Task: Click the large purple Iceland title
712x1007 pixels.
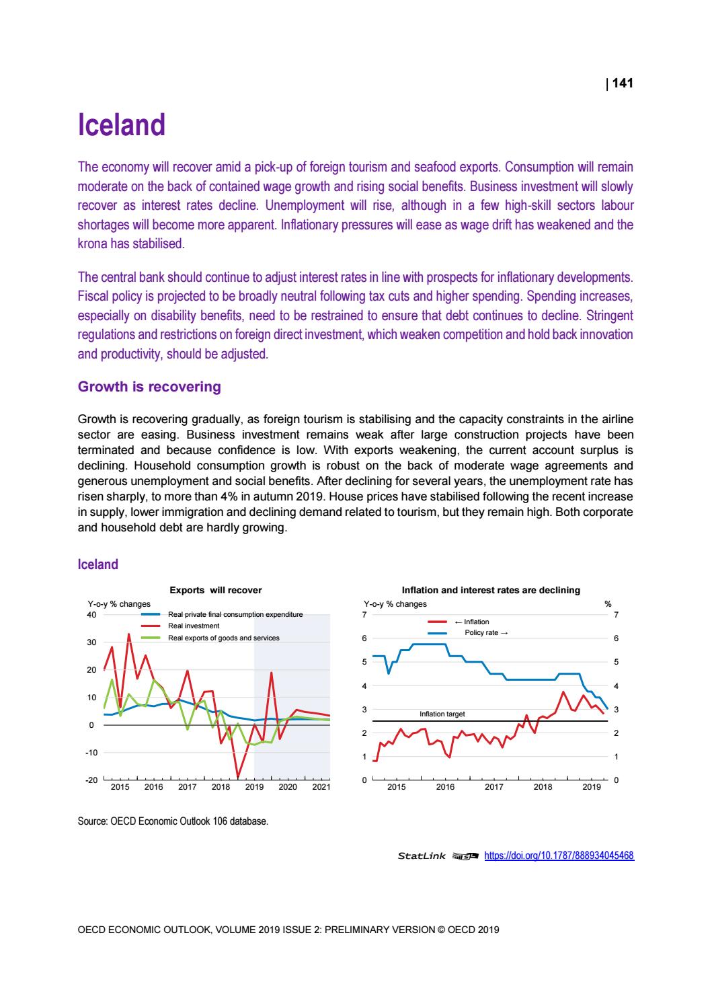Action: (122, 126)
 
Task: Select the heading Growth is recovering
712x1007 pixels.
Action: (149, 387)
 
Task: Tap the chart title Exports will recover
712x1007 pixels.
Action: (215, 590)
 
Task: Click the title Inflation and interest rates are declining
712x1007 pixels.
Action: (490, 590)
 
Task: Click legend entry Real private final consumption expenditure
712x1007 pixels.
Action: (235, 615)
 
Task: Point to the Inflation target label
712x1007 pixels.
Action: (442, 714)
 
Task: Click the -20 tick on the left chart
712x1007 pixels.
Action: (91, 780)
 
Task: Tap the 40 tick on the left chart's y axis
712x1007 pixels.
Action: (91, 614)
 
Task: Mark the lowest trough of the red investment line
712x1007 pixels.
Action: (237, 776)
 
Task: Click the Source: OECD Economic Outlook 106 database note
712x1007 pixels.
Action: (173, 821)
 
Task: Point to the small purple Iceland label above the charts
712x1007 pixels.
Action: (98, 564)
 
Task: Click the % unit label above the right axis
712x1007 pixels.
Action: (608, 603)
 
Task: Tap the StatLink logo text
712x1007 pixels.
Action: (422, 856)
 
